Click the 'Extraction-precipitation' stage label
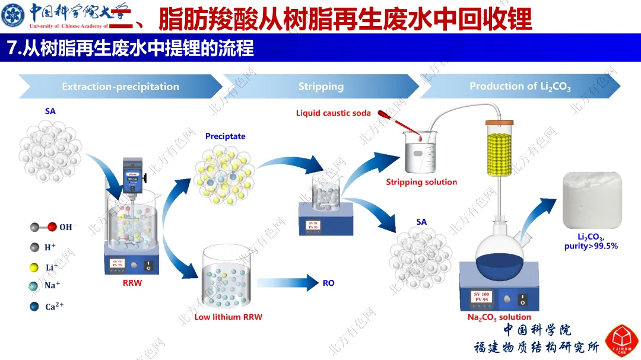pos(120,87)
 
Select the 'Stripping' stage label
pos(320,87)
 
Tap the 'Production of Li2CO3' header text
pos(520,87)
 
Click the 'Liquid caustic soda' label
pos(334,113)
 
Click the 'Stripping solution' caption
pos(421,182)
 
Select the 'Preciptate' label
pos(225,136)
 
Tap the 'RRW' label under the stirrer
pos(132,283)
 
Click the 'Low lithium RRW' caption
pos(228,317)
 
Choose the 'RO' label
pos(328,283)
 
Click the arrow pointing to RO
pos(287,283)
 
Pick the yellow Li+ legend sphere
pos(34,267)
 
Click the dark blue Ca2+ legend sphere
pos(34,307)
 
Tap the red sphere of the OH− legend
pos(52,227)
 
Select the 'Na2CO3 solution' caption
pos(499,317)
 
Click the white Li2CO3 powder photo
pos(592,200)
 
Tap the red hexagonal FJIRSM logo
pos(621,341)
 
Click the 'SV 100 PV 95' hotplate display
pos(481,297)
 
